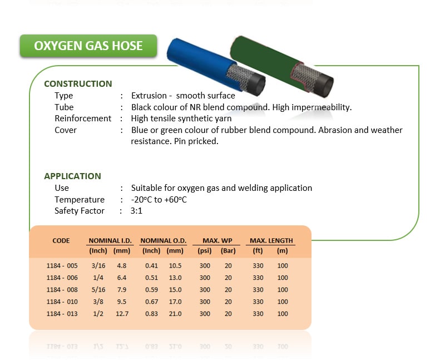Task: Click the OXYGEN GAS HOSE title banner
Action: pos(88,46)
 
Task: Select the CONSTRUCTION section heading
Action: pos(78,83)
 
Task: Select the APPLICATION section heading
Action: pos(72,176)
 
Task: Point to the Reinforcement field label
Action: pos(83,119)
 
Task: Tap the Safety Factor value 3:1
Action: pos(136,211)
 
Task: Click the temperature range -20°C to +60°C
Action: pos(159,199)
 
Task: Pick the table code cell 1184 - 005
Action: pos(62,265)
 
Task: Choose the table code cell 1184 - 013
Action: pos(62,314)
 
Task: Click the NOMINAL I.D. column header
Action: pos(110,240)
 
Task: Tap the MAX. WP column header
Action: pos(217,240)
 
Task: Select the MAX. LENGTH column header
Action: pos(271,240)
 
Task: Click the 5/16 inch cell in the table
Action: pos(98,289)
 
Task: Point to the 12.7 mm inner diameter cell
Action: pos(122,314)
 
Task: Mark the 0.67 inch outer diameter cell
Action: pos(151,302)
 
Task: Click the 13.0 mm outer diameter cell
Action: pos(175,278)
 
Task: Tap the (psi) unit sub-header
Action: pos(205,250)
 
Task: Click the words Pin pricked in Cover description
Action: pos(196,141)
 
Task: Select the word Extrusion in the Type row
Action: pos(149,96)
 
